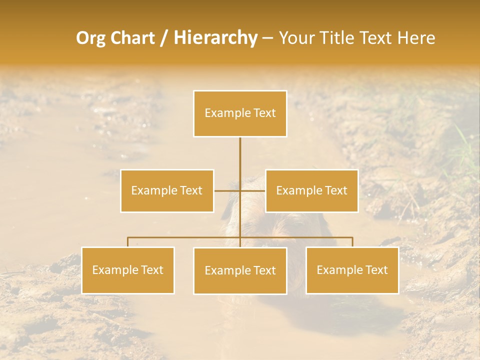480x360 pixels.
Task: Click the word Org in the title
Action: (91, 38)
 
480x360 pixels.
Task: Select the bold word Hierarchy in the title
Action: (215, 38)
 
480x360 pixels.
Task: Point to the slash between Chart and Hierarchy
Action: (164, 38)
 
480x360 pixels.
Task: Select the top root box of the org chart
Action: (240, 114)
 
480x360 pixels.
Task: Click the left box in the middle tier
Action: (167, 191)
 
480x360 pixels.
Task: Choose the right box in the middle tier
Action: (312, 191)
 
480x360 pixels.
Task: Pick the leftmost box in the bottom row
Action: (128, 270)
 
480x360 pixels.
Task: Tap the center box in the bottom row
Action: (240, 271)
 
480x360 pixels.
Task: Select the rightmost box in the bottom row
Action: (352, 270)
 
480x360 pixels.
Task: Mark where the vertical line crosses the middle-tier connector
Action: (240, 191)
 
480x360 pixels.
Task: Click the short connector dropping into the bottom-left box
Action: (128, 242)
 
